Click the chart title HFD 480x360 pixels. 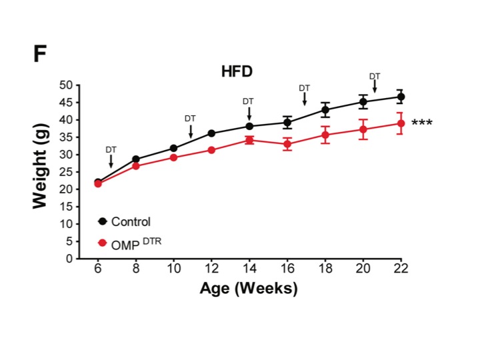tap(239, 72)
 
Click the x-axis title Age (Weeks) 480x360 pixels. tap(249, 289)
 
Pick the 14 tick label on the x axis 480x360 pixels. tap(249, 270)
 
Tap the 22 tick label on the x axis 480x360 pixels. tap(401, 270)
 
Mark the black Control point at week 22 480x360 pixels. tap(401, 97)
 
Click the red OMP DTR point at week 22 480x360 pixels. tap(401, 123)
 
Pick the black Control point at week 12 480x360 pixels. tap(211, 133)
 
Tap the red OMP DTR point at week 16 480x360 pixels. tap(287, 144)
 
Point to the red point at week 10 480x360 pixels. tap(173, 157)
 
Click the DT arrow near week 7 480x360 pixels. tap(111, 160)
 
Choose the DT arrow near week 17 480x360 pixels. tap(305, 98)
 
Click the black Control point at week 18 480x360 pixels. tap(325, 110)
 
